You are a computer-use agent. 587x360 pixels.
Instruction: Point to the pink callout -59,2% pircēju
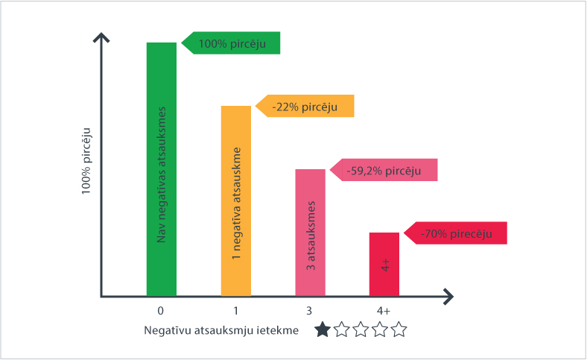pos(384,170)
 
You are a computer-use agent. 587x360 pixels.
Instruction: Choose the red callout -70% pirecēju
pos(456,233)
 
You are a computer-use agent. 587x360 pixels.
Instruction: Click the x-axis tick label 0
pos(162,310)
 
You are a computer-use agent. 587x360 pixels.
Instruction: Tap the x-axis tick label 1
pos(236,310)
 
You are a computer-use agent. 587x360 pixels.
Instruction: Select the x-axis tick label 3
pos(311,310)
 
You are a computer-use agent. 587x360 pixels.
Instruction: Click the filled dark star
pos(323,329)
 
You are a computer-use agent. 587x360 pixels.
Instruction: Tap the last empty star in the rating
pos(399,329)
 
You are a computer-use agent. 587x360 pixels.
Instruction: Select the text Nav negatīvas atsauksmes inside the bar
pos(162,179)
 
